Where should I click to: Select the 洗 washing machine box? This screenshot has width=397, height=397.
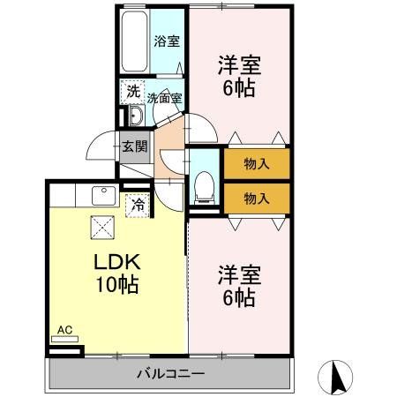[132, 91]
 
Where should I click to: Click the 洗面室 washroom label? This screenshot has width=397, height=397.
[164, 98]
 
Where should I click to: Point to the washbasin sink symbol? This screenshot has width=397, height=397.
[134, 116]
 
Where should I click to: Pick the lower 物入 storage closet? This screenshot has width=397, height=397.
[256, 198]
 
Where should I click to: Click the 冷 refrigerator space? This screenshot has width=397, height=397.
[138, 204]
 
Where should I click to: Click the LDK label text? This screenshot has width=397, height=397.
[116, 264]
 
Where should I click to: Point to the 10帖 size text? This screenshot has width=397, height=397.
[116, 286]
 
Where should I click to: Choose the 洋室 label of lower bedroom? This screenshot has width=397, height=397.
[238, 275]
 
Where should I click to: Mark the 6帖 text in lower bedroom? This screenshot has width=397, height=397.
[238, 298]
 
